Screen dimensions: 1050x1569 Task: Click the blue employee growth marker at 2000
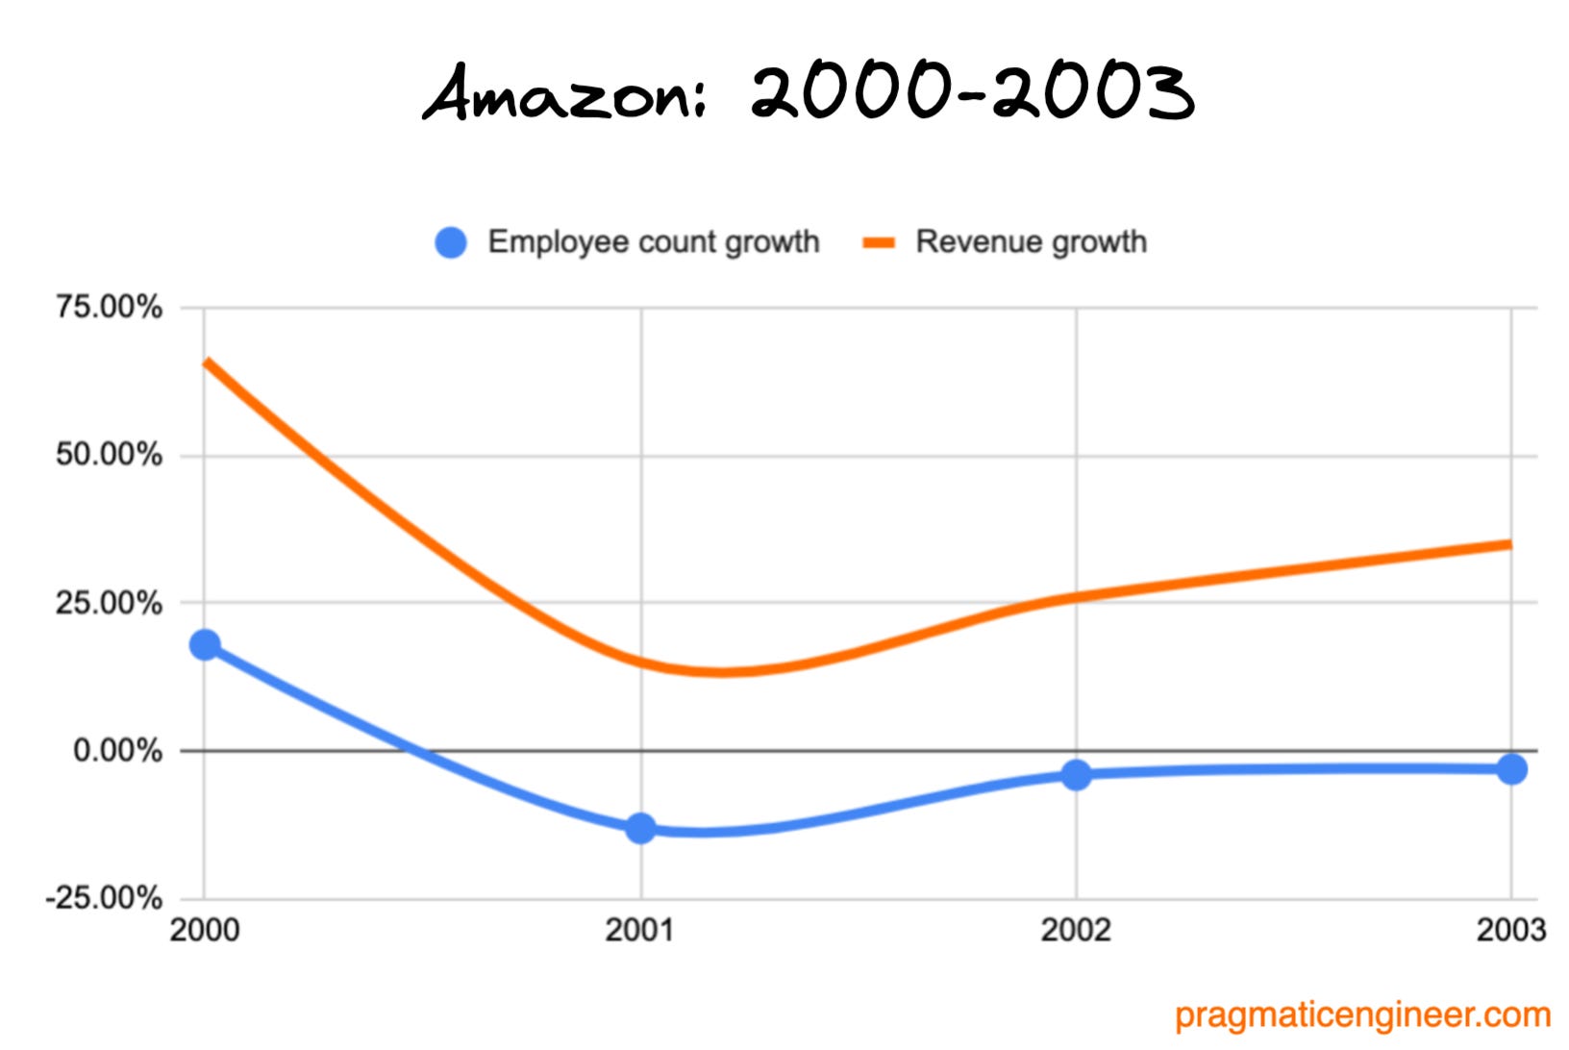click(x=205, y=644)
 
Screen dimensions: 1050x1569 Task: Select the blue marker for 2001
click(x=640, y=828)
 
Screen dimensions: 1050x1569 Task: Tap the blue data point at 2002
click(x=1076, y=774)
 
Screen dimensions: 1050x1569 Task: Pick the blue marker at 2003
click(x=1511, y=769)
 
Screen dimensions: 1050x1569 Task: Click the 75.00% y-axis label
click(x=109, y=308)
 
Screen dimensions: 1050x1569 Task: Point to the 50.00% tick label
click(x=109, y=455)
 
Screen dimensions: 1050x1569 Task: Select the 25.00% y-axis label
click(x=109, y=603)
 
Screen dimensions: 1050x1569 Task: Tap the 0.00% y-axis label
click(x=117, y=750)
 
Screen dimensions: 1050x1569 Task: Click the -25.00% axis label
click(x=104, y=898)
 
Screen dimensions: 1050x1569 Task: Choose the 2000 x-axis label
click(x=205, y=930)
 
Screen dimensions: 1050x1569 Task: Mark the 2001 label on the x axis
click(x=640, y=930)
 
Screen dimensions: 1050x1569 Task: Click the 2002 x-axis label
click(x=1076, y=930)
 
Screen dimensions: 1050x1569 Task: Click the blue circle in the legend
click(x=451, y=242)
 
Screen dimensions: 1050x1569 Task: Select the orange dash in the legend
click(x=879, y=242)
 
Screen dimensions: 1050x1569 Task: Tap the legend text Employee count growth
click(x=654, y=241)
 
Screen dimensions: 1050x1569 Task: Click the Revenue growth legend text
click(x=1031, y=241)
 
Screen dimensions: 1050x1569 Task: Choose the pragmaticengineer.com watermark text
click(x=1362, y=1014)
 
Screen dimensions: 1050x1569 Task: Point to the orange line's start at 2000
click(x=207, y=362)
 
